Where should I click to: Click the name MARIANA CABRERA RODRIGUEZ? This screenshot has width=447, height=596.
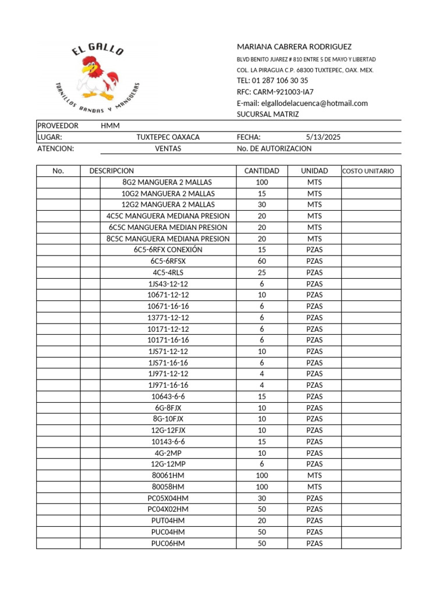pos(294,47)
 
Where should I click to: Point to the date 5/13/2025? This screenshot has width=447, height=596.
pos(323,137)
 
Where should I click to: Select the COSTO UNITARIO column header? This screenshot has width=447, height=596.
pos(368,171)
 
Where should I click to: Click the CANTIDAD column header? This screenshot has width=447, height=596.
pos(261,171)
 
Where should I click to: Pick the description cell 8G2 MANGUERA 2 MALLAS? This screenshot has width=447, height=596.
pos(168,182)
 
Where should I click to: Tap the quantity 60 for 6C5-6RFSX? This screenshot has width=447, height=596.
pos(261,261)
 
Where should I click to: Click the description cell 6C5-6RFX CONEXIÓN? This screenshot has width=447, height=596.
pos(168,250)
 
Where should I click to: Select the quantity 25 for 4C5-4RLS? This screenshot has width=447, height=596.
pos(261,272)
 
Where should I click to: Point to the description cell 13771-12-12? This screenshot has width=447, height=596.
pos(168,318)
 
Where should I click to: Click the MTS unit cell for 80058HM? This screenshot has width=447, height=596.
pos(314,487)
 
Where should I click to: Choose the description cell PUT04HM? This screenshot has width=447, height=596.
pos(168,521)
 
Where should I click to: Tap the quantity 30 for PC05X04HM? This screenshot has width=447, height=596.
pos(261,498)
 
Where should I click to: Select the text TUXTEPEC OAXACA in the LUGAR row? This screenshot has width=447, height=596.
pos(168,137)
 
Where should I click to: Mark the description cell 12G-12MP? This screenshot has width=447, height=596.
pos(168,464)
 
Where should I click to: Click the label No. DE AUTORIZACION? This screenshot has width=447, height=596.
pos(274,148)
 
